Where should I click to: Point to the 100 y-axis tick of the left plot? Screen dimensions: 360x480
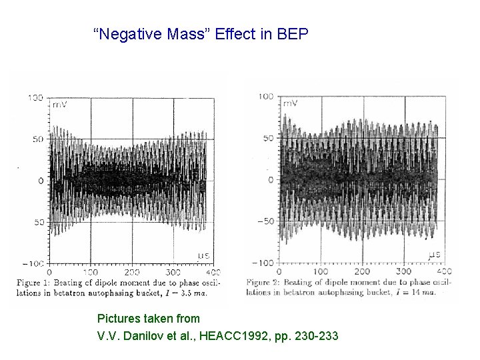pos(35,98)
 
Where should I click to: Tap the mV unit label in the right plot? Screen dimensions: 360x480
pos(290,103)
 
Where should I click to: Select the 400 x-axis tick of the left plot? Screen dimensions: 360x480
pos(213,272)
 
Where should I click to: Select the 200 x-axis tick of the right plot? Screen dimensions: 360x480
pos(361,271)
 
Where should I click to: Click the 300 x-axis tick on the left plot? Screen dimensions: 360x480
pos(173,272)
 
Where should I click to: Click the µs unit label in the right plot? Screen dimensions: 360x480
pos(434,254)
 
